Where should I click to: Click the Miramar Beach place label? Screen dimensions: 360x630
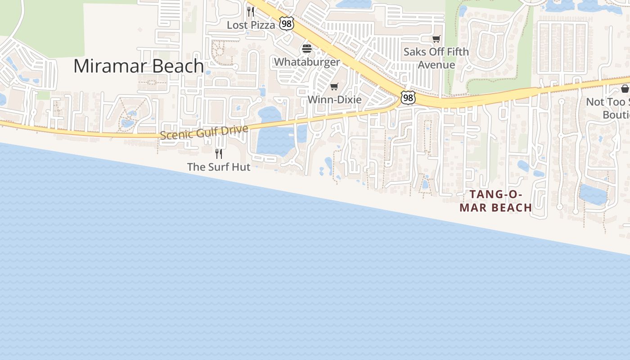[139, 66]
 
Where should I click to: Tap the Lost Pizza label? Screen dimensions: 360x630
[251, 25]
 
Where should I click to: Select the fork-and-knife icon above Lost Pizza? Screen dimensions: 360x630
[251, 11]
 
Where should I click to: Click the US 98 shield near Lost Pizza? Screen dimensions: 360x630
[286, 23]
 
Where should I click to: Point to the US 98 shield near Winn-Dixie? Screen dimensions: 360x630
[408, 97]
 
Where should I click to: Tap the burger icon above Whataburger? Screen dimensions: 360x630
[307, 49]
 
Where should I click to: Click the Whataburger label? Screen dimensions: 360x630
[307, 62]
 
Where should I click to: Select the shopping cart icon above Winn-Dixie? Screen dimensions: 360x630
[334, 86]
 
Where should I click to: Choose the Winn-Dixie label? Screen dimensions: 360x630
[334, 99]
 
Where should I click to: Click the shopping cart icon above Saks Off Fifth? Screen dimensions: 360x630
[436, 39]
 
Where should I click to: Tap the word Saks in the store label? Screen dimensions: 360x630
[414, 52]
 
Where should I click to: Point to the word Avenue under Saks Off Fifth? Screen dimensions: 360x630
[436, 65]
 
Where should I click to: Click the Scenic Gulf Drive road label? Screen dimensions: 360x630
[204, 132]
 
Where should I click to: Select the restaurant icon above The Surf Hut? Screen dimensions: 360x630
[219, 154]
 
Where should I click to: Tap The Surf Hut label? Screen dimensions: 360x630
[219, 167]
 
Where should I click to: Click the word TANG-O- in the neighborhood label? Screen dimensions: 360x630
[496, 194]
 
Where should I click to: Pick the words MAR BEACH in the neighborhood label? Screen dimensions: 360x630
[496, 207]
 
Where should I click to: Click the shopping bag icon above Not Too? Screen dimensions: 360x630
[625, 88]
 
